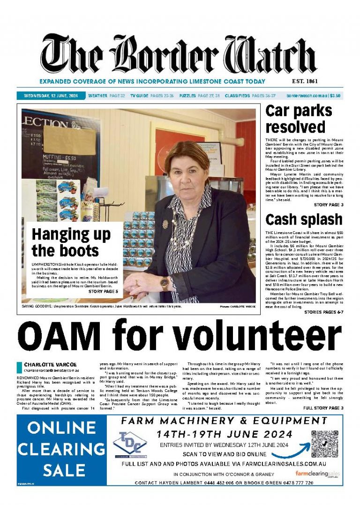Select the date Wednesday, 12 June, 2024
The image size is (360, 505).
(x=51, y=96)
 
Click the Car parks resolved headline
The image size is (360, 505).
(x=298, y=119)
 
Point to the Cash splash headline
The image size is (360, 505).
(x=303, y=219)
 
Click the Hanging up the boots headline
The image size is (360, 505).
(x=71, y=242)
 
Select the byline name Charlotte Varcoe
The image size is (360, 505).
(x=44, y=364)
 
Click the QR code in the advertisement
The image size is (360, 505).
(x=324, y=442)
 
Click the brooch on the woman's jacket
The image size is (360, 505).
(x=165, y=224)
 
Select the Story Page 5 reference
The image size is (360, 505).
(x=103, y=292)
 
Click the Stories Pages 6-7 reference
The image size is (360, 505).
(x=323, y=312)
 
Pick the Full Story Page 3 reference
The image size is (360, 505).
(x=323, y=408)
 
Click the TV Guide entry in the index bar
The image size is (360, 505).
(x=145, y=96)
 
